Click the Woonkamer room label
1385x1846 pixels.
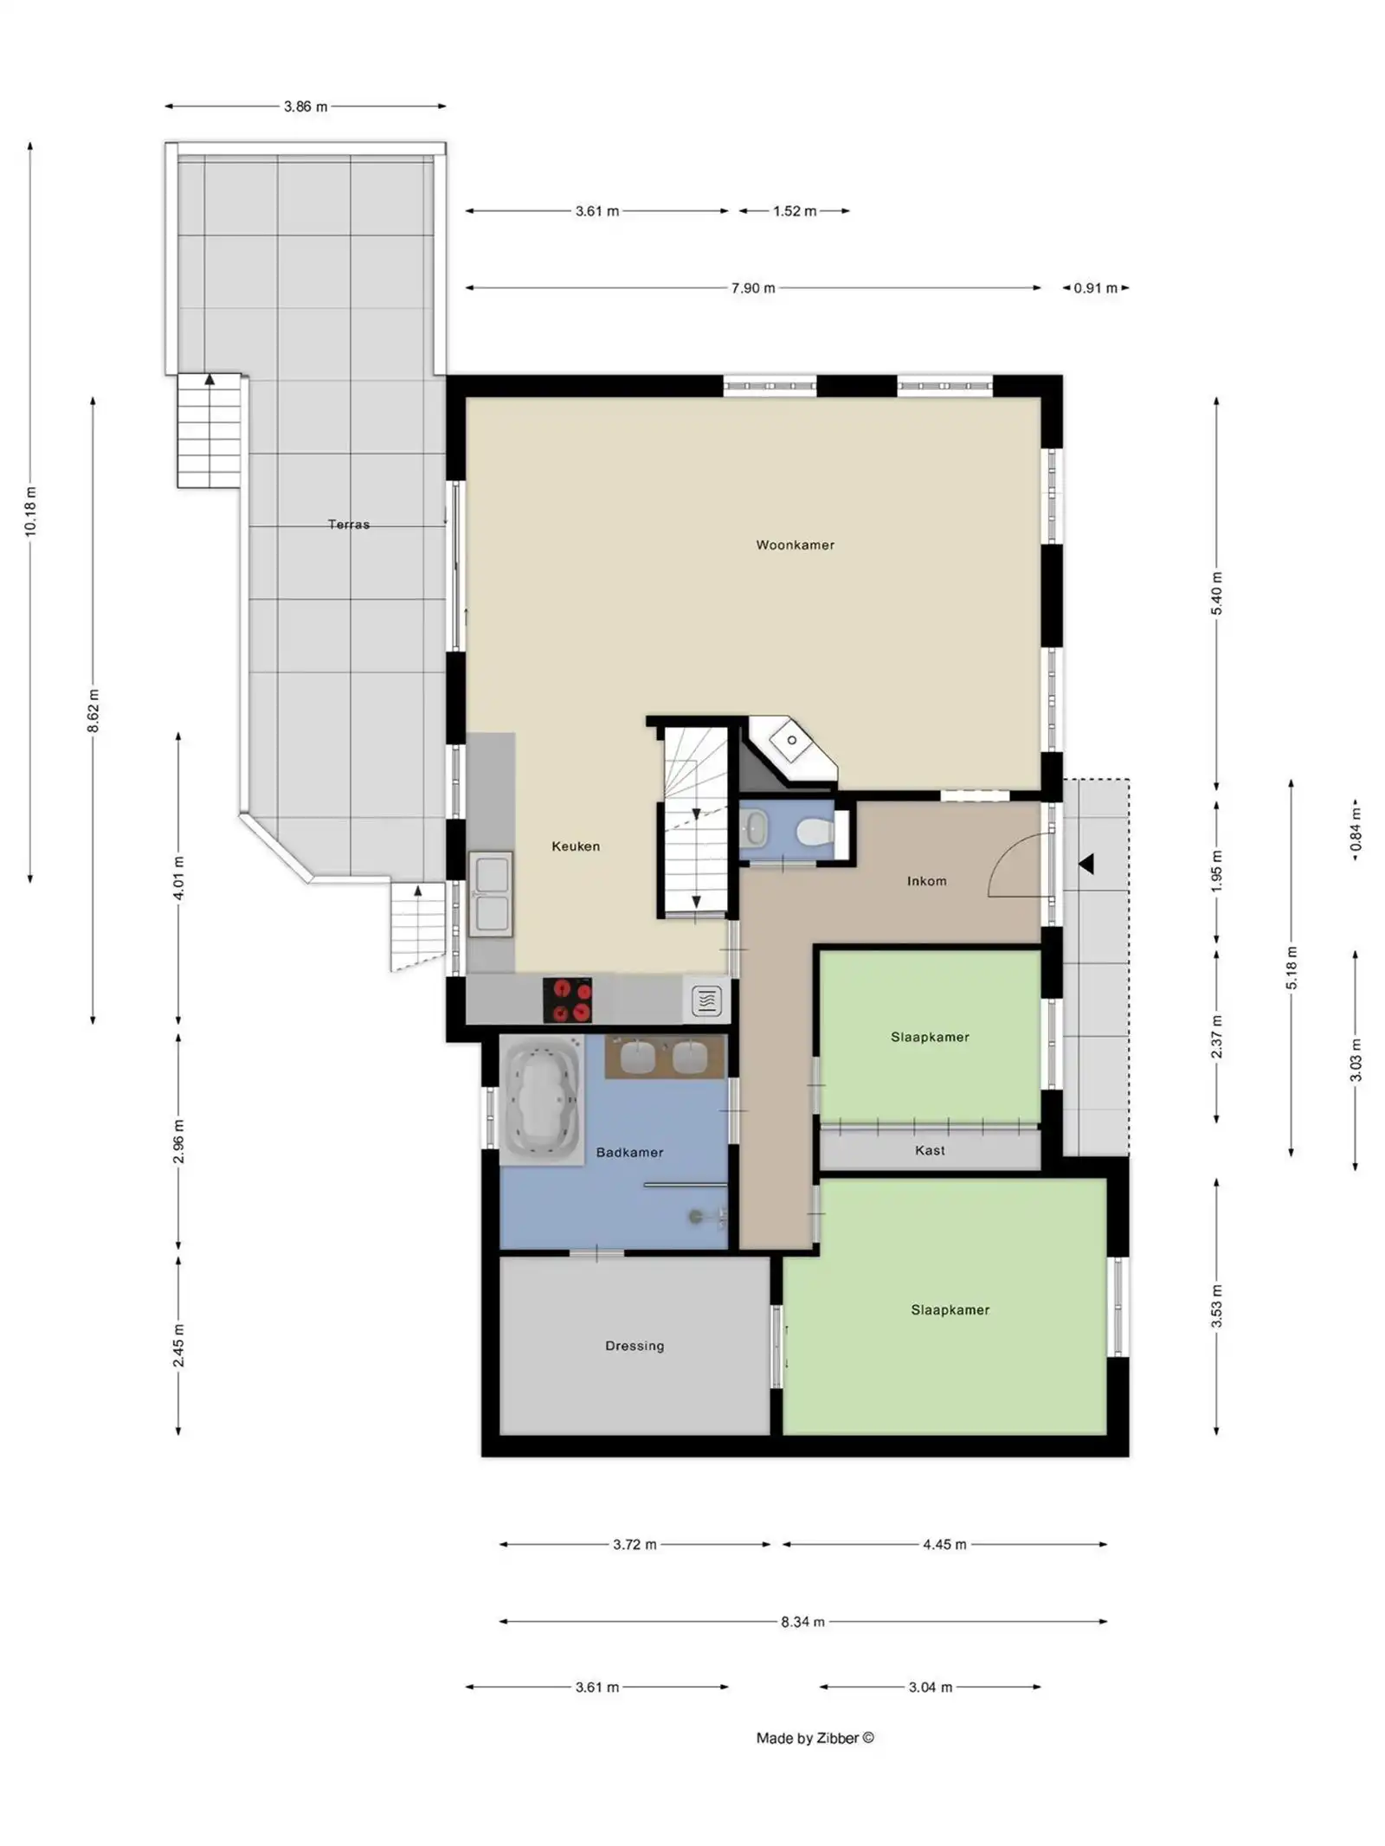(x=794, y=544)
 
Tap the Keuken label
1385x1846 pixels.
(x=575, y=846)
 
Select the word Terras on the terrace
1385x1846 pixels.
(x=348, y=524)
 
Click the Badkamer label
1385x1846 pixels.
(x=629, y=1152)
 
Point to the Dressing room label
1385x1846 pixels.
(x=634, y=1345)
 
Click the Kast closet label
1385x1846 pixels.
(x=929, y=1150)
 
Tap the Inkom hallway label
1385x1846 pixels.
(x=925, y=880)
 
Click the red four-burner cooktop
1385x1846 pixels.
(x=567, y=1000)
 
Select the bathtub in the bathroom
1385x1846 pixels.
(x=542, y=1099)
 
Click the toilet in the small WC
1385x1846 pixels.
(x=813, y=832)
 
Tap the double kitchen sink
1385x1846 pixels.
(x=490, y=894)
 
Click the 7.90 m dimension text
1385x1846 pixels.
(x=752, y=287)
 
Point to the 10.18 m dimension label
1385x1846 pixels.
(x=30, y=511)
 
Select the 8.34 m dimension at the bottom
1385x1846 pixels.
(x=802, y=1621)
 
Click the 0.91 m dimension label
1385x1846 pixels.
(x=1094, y=287)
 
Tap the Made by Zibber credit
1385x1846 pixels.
(x=814, y=1737)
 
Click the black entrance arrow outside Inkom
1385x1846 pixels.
(x=1085, y=863)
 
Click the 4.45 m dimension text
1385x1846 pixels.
(x=944, y=1544)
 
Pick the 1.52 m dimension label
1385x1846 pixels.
(x=794, y=210)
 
